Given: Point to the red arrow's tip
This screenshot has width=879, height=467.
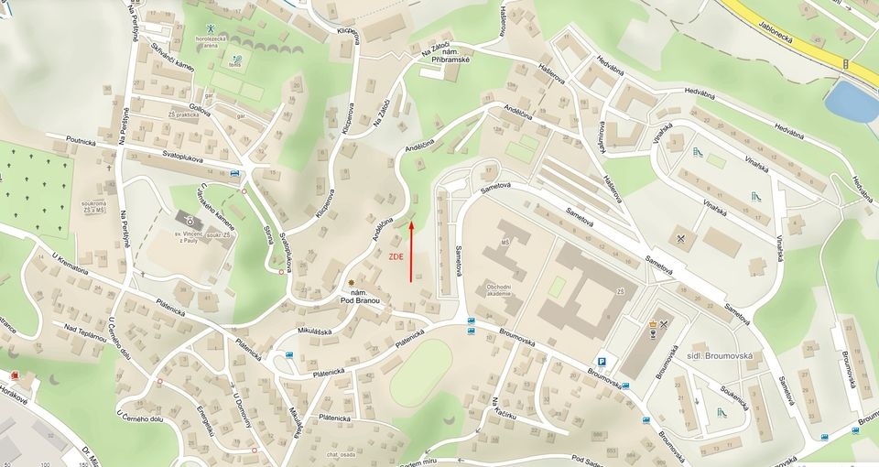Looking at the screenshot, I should (x=411, y=223).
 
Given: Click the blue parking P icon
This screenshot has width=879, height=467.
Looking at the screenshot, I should (x=602, y=362).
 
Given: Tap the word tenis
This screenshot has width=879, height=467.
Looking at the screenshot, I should (x=236, y=65).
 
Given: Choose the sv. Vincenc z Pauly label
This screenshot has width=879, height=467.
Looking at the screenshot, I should (x=188, y=240).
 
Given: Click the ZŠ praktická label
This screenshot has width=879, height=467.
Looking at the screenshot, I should (x=183, y=115).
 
